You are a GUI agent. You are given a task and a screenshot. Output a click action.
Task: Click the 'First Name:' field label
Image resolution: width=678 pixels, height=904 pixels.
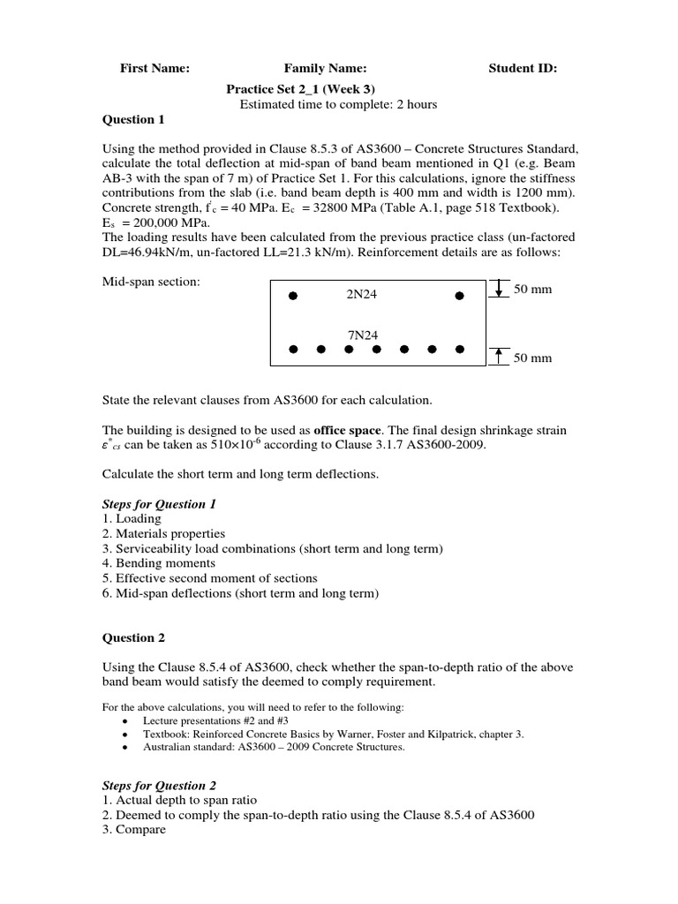click(154, 68)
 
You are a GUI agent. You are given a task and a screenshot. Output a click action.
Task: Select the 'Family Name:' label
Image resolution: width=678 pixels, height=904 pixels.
click(325, 68)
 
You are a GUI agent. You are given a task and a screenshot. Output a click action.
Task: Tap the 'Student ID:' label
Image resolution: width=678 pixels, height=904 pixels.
click(523, 68)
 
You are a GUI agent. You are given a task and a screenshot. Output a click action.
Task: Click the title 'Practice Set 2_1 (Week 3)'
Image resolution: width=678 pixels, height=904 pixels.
click(306, 88)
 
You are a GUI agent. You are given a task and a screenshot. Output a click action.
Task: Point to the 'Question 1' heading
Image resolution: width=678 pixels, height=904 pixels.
click(133, 120)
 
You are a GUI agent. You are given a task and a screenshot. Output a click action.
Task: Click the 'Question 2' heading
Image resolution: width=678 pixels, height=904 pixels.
click(133, 637)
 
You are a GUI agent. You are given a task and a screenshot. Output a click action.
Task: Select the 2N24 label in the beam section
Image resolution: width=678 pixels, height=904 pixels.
click(361, 295)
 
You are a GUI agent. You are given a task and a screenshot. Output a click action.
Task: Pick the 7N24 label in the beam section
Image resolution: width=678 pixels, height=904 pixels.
click(361, 335)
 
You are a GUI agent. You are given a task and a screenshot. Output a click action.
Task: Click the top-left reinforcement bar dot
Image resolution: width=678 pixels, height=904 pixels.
click(293, 297)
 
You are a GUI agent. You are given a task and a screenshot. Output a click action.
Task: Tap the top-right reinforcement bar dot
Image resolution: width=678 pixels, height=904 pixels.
click(459, 297)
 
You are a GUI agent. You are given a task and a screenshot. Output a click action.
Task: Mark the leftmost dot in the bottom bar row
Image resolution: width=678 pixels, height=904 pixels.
click(293, 350)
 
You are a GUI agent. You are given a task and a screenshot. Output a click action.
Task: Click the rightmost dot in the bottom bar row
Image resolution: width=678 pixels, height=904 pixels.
click(459, 350)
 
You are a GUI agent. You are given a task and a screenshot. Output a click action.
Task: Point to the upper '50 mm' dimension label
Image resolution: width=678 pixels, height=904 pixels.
click(532, 290)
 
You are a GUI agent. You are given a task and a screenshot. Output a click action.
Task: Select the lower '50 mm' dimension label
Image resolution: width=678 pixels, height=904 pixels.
click(532, 358)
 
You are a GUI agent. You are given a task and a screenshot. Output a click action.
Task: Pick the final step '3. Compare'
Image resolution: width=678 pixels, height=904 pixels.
click(134, 831)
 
